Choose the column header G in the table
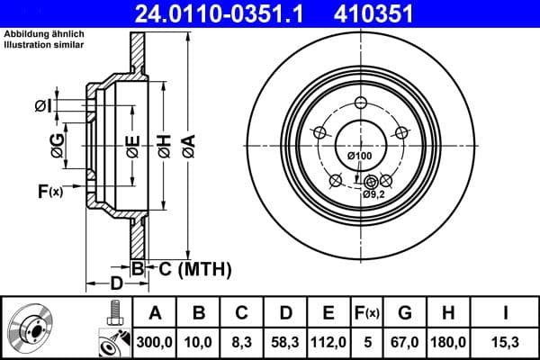pos(404,313)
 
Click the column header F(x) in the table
pos(368,313)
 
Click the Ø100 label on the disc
pos(359,157)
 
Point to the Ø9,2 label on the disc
pos(374,193)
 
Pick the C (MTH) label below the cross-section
pos(195,268)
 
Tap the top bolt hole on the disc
pos(360,103)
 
